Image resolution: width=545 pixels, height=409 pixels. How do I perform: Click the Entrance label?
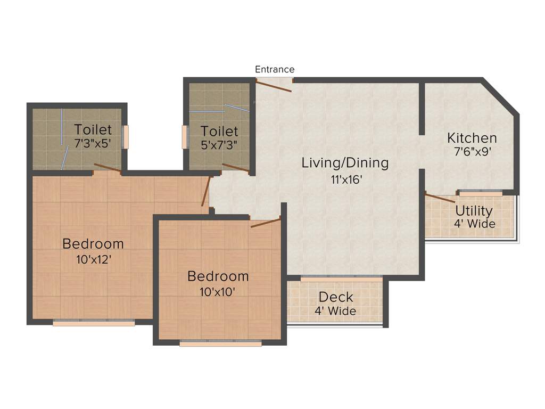(x=274, y=69)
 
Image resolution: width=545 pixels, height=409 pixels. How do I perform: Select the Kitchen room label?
(x=472, y=138)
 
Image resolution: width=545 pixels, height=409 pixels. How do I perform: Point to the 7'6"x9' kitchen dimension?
(x=468, y=151)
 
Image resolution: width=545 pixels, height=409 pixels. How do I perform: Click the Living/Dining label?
(x=345, y=163)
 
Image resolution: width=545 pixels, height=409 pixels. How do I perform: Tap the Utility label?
(x=474, y=211)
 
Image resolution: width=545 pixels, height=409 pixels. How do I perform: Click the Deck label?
(x=335, y=297)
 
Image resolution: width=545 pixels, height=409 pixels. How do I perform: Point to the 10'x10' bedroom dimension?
(x=218, y=291)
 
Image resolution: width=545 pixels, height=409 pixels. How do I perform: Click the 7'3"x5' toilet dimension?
(x=93, y=143)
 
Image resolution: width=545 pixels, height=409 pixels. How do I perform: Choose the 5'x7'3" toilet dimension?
(x=219, y=144)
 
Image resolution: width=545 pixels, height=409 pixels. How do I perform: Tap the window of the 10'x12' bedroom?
(x=94, y=322)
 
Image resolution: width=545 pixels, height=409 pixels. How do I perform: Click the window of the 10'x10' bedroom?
(x=220, y=343)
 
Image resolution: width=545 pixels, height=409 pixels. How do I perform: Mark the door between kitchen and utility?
(x=440, y=198)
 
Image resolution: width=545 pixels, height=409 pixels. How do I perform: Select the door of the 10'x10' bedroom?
(x=266, y=222)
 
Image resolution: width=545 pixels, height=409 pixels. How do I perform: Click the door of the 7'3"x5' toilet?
(x=107, y=168)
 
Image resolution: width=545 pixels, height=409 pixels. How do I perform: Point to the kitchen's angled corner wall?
(x=501, y=96)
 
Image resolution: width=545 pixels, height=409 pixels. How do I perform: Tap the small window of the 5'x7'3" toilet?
(x=185, y=137)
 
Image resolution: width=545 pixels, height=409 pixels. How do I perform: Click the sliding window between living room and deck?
(x=341, y=278)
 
